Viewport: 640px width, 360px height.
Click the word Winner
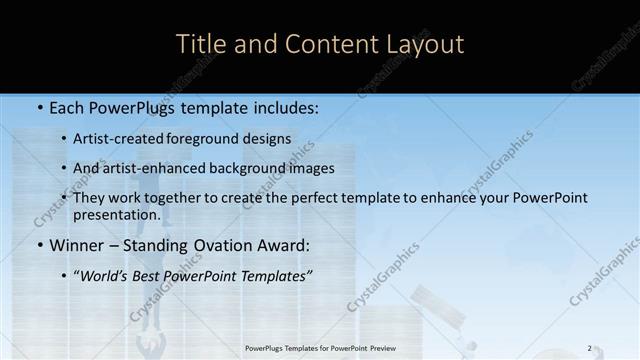(78, 245)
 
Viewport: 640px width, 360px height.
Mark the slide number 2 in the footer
(589, 348)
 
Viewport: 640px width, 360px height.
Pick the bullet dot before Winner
(39, 246)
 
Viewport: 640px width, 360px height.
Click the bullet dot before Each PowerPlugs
(39, 108)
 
